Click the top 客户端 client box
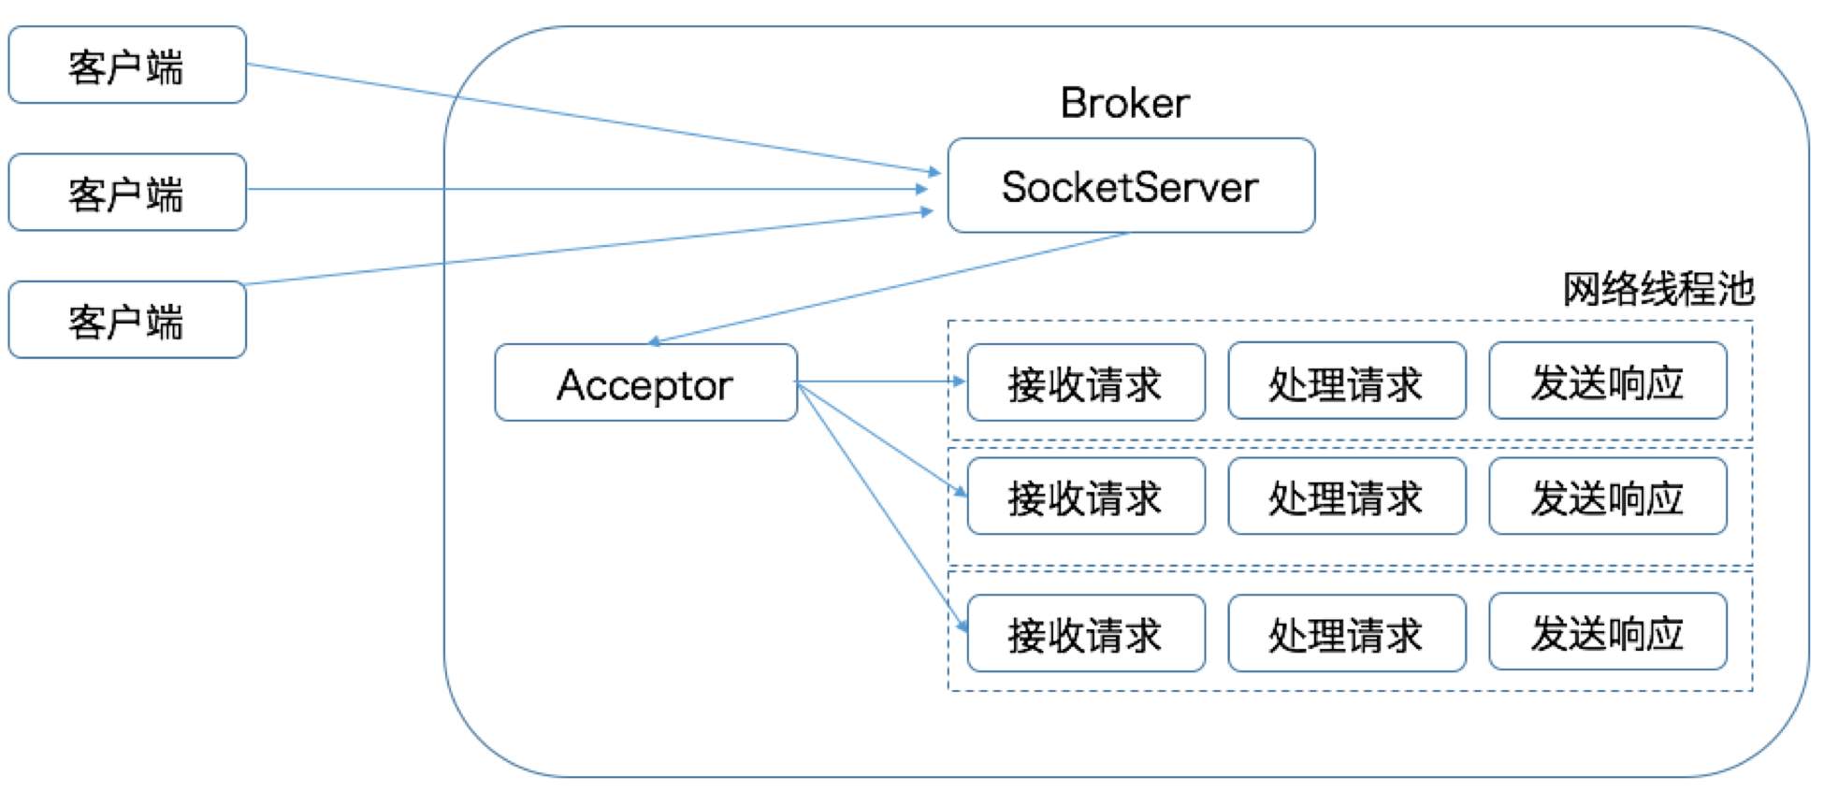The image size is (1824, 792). point(127,65)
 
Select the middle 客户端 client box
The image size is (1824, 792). point(127,193)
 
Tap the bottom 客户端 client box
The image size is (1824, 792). point(127,320)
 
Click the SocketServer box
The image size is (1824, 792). point(1131,186)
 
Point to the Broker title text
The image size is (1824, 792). point(1124,103)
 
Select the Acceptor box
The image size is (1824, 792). point(645,383)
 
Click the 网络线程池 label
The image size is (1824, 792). point(1658,289)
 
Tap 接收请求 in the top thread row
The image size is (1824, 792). point(1085,383)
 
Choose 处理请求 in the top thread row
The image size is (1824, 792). point(1346,382)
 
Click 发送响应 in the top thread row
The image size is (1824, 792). point(1607,382)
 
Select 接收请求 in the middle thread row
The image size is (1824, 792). point(1085,497)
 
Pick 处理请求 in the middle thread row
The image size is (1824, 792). point(1346,497)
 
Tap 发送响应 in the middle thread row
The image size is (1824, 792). point(1607,497)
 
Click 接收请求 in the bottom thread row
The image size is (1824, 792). point(1085,634)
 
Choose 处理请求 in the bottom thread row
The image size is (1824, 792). point(1346,634)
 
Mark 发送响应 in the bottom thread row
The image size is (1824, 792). point(1607,632)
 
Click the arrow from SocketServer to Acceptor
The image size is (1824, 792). point(889,288)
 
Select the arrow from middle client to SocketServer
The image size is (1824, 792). point(589,189)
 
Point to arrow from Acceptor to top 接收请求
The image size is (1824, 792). point(879,382)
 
